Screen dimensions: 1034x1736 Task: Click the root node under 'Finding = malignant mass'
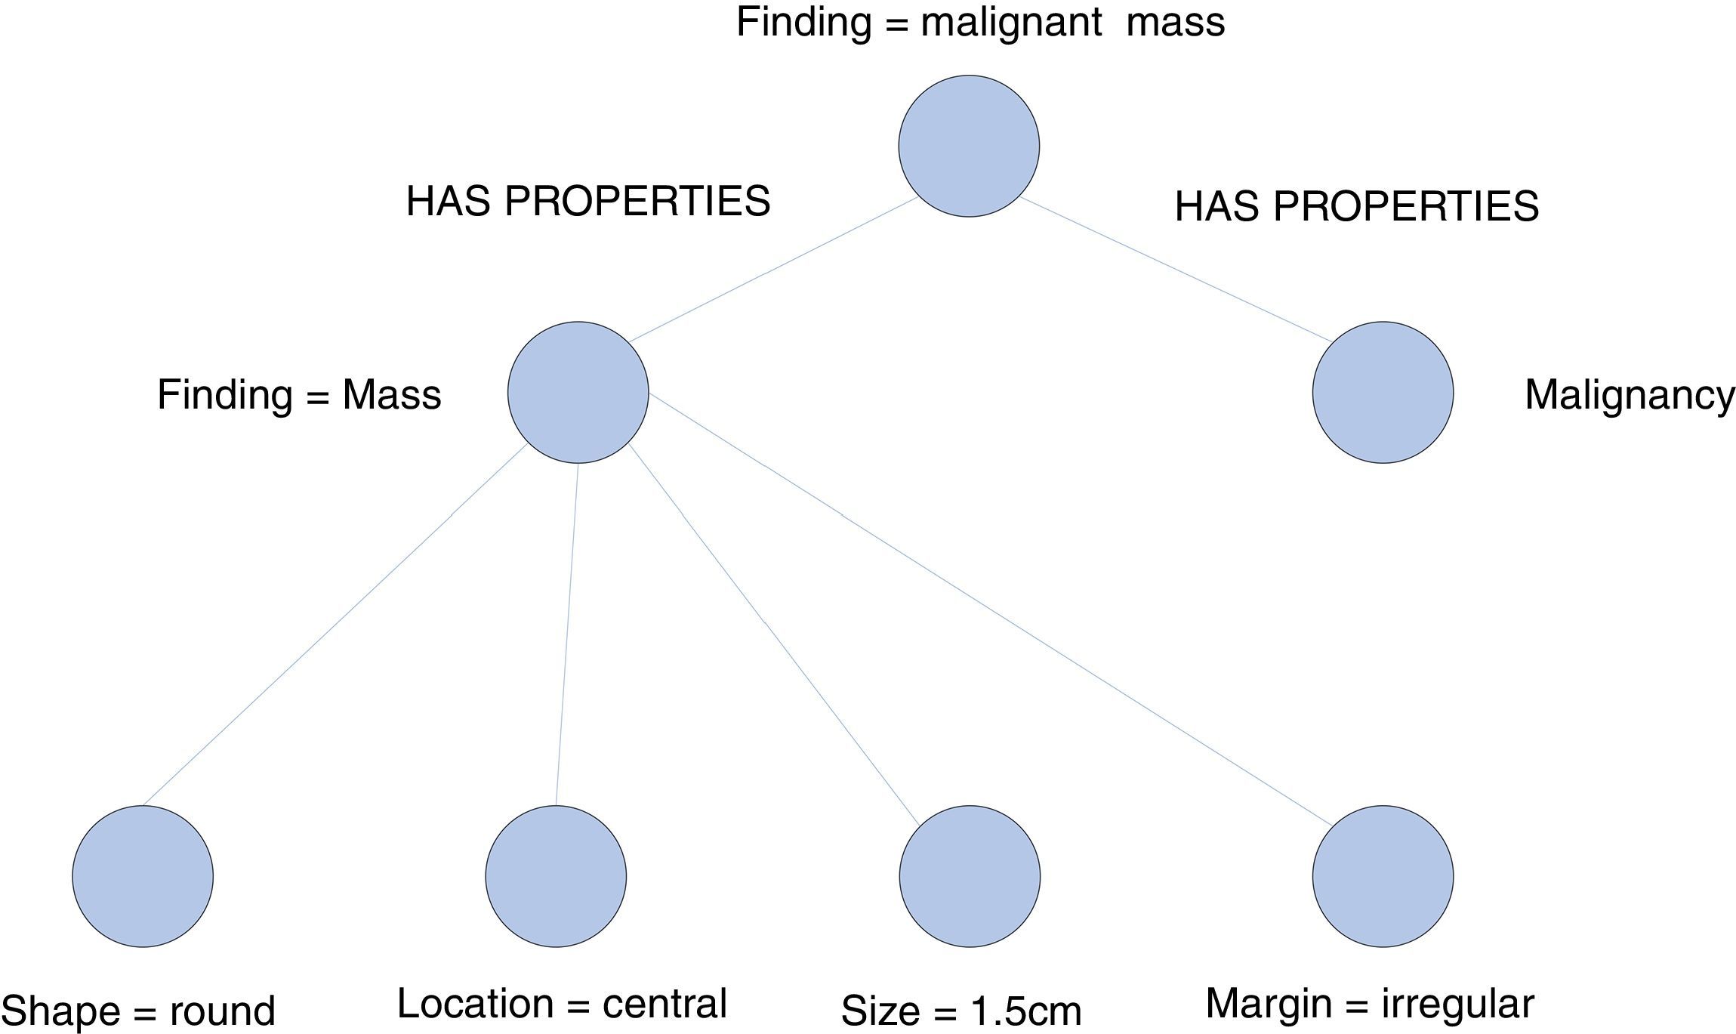point(969,146)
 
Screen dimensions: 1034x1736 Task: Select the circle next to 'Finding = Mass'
point(578,392)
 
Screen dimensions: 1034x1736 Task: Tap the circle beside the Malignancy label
point(1383,392)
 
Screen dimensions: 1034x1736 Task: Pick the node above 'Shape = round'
point(143,876)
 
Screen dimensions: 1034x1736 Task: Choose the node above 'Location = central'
point(556,876)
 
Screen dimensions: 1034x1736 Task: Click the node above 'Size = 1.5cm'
point(970,876)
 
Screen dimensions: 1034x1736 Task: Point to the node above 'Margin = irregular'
point(1383,876)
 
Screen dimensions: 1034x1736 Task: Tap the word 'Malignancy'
point(1630,395)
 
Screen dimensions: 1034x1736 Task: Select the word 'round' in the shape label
point(222,1011)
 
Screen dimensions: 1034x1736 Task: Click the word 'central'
point(664,1004)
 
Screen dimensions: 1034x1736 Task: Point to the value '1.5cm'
point(1026,1011)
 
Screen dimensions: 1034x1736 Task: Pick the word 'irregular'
point(1457,1005)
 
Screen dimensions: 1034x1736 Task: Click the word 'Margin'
point(1269,1005)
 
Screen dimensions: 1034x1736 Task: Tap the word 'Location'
point(475,1004)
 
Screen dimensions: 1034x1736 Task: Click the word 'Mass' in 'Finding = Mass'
point(391,395)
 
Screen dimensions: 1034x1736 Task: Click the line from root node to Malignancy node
point(1176,270)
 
